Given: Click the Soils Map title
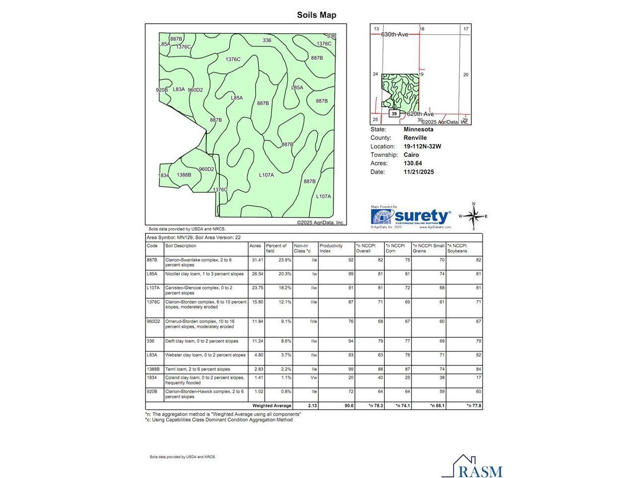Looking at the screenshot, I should click(317, 15).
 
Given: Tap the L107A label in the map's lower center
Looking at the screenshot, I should click(266, 175).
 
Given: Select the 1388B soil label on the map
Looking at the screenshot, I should click(184, 175).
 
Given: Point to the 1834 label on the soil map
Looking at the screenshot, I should click(164, 176).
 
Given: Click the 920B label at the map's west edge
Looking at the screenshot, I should click(161, 90).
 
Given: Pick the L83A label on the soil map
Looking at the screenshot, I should click(178, 90).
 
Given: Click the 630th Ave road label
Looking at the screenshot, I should click(395, 34).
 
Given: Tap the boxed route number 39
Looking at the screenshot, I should click(394, 114).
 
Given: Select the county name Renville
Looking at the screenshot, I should click(415, 138).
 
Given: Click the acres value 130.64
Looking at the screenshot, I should click(413, 163).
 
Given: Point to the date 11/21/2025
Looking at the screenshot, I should click(419, 172).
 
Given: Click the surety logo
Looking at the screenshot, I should click(411, 217).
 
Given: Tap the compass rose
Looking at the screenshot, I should click(474, 216).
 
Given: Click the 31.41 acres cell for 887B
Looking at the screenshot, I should click(257, 260).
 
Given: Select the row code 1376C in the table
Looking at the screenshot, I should click(154, 302).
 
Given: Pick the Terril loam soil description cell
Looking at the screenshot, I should click(198, 369).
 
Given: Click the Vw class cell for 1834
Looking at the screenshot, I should click(314, 378).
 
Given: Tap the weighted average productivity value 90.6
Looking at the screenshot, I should click(348, 406).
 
